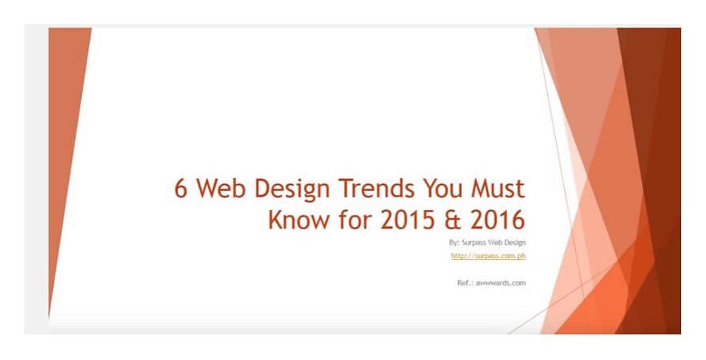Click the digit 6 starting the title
pos(182,190)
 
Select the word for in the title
pos(347,220)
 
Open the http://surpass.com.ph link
pos(488,257)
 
